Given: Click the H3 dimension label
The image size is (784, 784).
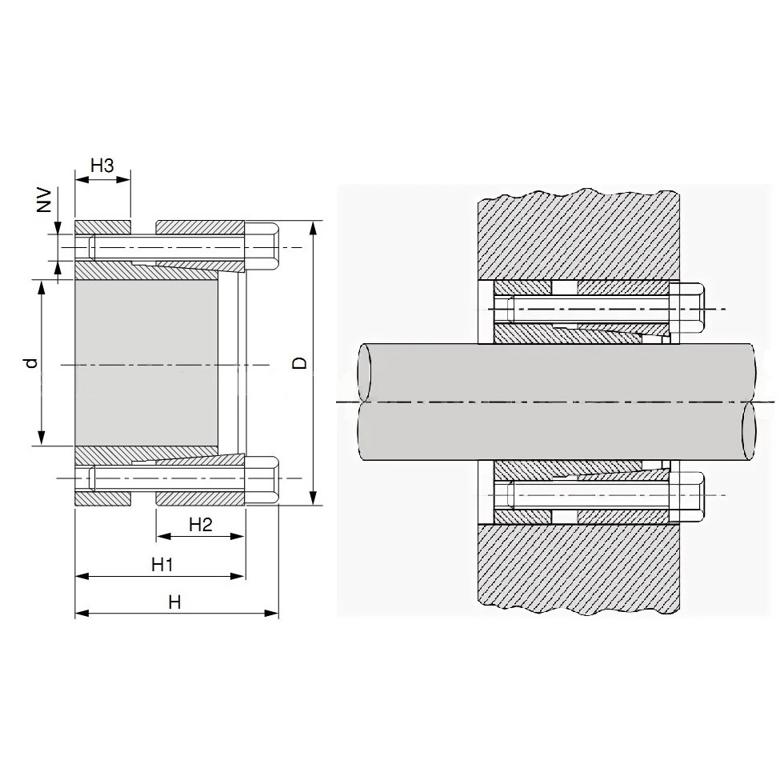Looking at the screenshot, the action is (x=102, y=166).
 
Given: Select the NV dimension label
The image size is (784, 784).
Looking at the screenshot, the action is (x=45, y=200).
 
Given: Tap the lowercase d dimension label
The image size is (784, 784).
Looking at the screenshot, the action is (x=33, y=362).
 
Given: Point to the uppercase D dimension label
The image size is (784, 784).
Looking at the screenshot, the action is (x=299, y=363).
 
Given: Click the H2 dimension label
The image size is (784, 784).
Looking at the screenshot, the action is (x=201, y=525).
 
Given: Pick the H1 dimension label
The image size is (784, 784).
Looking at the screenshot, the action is (x=162, y=565).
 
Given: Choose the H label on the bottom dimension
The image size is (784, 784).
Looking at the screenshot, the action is (x=174, y=602).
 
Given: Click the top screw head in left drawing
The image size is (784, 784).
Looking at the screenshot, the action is (x=262, y=247).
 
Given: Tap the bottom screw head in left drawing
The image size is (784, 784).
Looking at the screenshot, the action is (x=262, y=479).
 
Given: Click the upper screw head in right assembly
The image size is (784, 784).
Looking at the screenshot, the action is (x=687, y=309).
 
